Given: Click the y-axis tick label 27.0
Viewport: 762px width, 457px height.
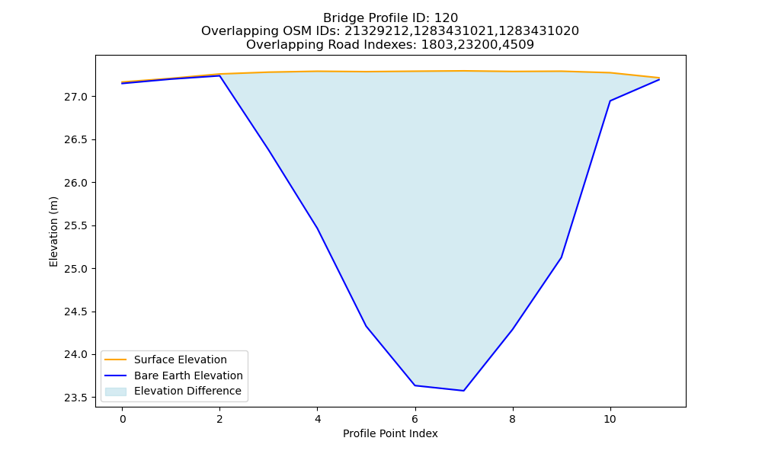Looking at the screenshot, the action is click(x=75, y=97).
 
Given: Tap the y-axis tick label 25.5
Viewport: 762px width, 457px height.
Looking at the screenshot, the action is click(x=75, y=225).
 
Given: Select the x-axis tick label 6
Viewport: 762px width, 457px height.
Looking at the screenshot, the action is click(x=415, y=419).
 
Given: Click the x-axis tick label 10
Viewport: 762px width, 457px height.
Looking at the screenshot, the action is click(x=610, y=419).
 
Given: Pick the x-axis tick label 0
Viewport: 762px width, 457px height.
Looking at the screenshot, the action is click(x=123, y=419).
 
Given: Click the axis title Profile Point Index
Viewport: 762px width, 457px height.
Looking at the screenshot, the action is click(x=390, y=433).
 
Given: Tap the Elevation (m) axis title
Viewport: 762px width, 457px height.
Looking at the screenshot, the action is click(x=53, y=232).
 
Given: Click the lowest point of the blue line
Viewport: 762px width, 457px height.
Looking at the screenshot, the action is click(x=463, y=391).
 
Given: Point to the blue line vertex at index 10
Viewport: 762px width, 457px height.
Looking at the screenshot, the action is click(x=610, y=101).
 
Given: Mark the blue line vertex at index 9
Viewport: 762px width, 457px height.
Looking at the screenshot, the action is click(x=562, y=257).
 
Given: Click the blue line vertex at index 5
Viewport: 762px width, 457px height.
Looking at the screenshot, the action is click(x=366, y=326).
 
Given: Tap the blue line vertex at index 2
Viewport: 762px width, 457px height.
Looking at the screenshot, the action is click(x=219, y=75).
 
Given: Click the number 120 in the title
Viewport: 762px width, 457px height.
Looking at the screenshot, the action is click(x=446, y=18).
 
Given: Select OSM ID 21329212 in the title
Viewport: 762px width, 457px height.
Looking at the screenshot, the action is click(x=378, y=31).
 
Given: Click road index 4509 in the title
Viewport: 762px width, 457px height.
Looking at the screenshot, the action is click(x=518, y=45).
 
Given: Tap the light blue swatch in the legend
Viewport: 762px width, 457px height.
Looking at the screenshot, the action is click(x=116, y=391).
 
